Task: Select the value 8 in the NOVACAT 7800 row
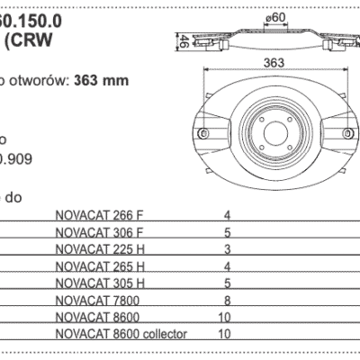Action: coord(227,301)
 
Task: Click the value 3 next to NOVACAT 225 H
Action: coord(227,249)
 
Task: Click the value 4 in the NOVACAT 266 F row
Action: coord(227,215)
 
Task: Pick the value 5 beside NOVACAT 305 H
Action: coord(227,283)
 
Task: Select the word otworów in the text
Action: coord(36,79)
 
